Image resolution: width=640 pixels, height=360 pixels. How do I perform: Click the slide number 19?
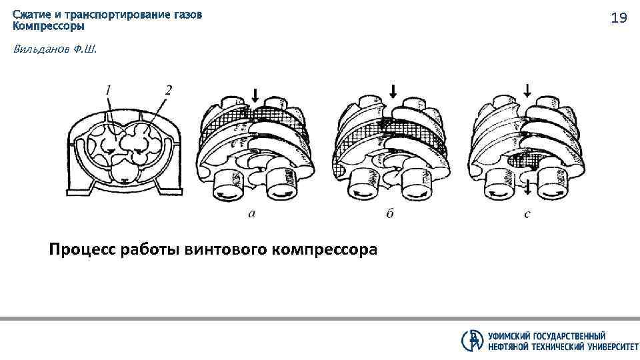click(619, 18)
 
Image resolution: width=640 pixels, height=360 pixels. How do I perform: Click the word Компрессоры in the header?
click(49, 27)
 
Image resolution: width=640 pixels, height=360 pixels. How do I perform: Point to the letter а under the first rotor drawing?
click(251, 213)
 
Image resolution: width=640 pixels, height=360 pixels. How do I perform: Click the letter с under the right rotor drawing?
click(527, 213)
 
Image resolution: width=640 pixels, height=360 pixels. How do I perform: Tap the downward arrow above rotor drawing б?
click(393, 91)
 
